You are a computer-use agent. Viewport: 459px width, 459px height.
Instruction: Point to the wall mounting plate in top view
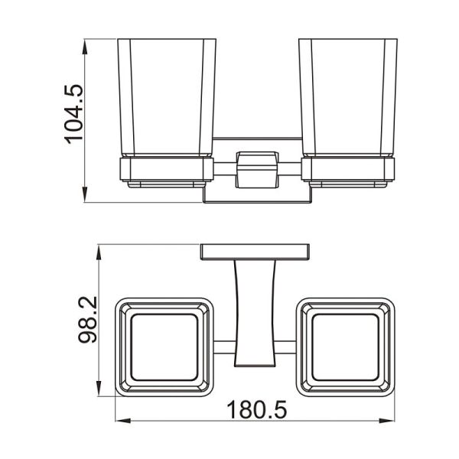point(256,252)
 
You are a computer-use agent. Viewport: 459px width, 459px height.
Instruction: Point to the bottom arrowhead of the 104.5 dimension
point(85,198)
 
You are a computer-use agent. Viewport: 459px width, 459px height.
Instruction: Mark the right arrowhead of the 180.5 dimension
point(392,419)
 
